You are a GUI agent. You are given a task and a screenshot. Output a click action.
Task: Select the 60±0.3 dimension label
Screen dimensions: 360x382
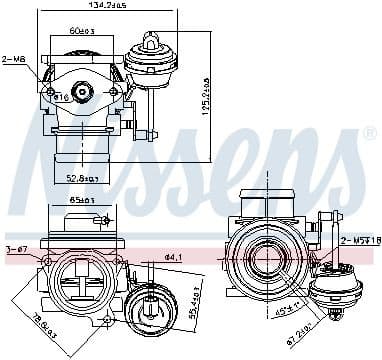point(84,32)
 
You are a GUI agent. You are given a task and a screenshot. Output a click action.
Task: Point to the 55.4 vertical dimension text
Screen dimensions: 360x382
point(193,301)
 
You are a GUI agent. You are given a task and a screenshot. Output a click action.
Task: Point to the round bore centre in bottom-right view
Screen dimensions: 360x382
point(267,253)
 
